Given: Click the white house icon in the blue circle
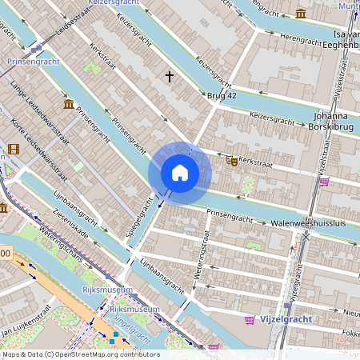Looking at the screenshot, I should (x=180, y=173).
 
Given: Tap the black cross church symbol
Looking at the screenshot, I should (x=169, y=77).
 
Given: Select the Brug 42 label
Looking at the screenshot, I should (x=222, y=95).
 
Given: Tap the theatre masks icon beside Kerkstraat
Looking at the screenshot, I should (x=232, y=161).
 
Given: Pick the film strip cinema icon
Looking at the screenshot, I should (x=13, y=149).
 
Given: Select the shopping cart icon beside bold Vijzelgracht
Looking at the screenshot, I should (x=250, y=319).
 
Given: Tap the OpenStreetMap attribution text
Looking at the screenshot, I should (x=80, y=354).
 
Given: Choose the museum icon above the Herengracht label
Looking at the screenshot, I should (x=300, y=14).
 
